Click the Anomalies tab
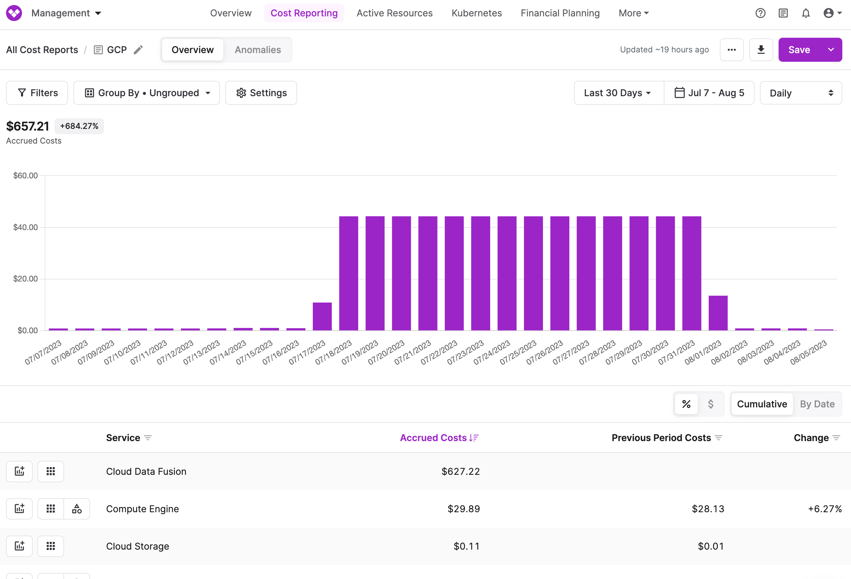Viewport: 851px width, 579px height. [x=257, y=50]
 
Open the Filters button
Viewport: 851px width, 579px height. [x=37, y=93]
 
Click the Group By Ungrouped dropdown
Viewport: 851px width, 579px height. [x=147, y=93]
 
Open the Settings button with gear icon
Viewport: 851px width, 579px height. [x=261, y=93]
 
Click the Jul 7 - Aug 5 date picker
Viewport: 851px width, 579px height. [x=709, y=93]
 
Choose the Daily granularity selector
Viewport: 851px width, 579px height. [x=801, y=93]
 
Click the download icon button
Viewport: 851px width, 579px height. [x=761, y=50]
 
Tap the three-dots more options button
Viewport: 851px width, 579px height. [x=731, y=50]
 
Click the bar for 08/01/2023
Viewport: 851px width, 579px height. [x=718, y=313]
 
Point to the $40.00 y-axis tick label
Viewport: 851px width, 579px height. [x=25, y=227]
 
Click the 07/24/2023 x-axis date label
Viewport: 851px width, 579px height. [x=492, y=353]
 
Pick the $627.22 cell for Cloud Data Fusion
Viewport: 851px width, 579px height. [x=460, y=471]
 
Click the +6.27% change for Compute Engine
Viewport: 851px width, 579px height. [x=825, y=509]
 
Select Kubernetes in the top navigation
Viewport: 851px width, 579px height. [x=477, y=13]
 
